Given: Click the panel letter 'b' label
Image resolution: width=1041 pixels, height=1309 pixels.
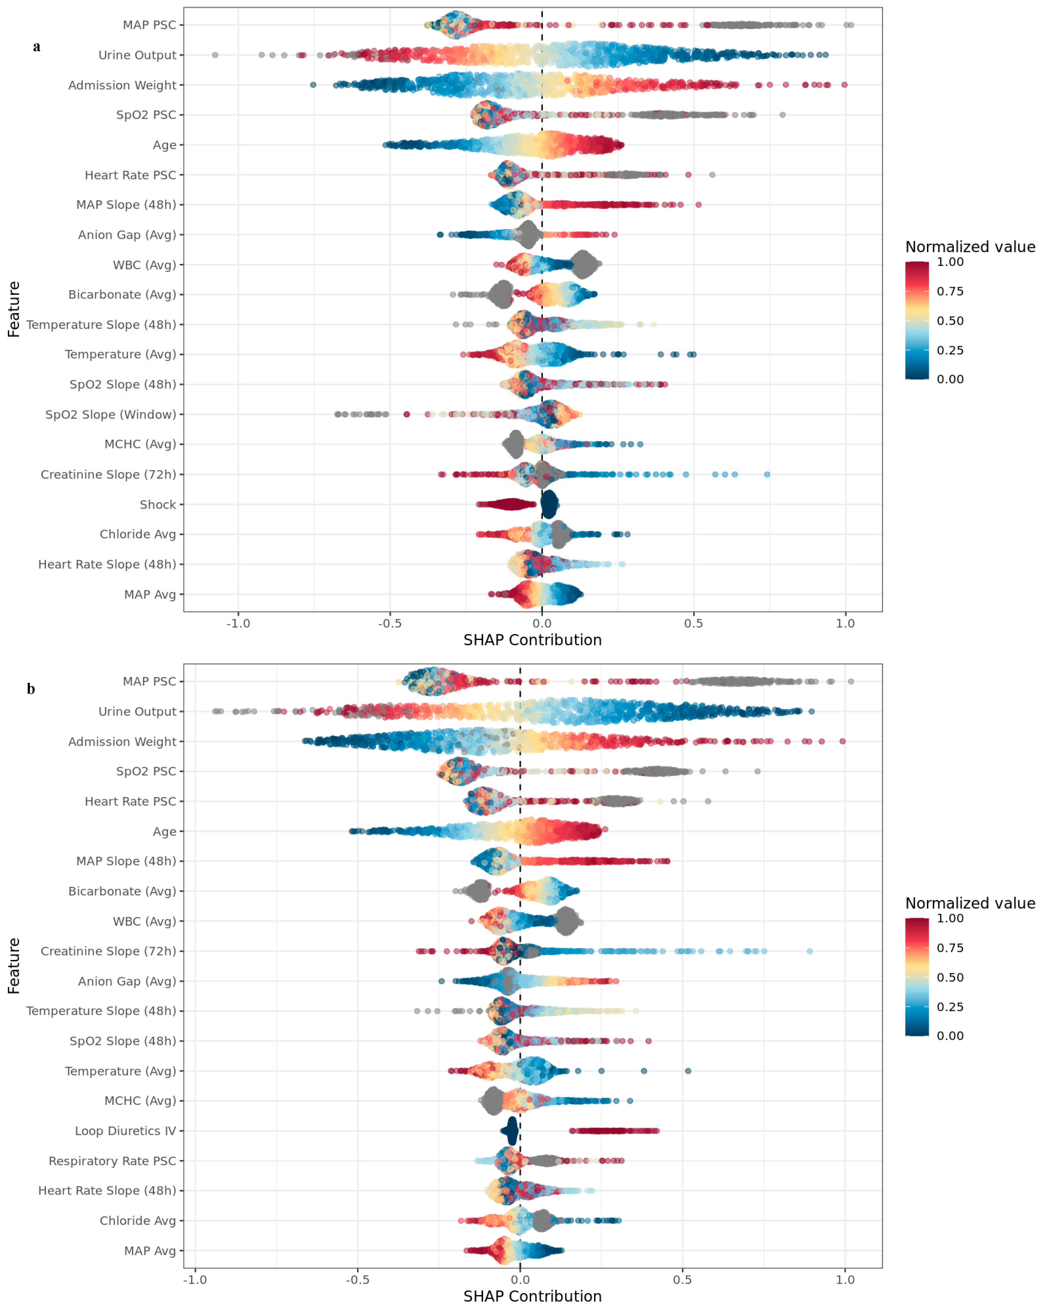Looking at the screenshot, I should point(31,689).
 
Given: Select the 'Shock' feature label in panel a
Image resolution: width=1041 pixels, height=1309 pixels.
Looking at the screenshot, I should point(158,504).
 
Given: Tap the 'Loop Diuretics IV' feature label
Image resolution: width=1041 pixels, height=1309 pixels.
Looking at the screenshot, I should point(125,1131).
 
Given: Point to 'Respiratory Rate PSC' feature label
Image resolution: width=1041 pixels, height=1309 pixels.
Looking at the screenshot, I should point(112,1161).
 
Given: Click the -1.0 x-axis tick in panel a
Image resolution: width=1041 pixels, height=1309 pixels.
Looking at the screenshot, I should point(238,623).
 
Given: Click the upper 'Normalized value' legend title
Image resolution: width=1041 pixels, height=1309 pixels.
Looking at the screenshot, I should point(970,247).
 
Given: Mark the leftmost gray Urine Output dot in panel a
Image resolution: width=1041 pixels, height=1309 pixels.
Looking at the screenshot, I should point(215,55).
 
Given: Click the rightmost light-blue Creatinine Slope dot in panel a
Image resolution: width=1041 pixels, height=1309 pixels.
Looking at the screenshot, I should point(767,474).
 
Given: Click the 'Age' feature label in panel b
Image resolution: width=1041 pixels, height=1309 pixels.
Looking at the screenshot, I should point(165,831).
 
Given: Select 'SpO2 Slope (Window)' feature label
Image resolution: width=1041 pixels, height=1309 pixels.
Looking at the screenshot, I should point(111,415).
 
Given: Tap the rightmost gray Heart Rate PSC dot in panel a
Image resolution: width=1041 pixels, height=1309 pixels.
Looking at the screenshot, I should point(712,175).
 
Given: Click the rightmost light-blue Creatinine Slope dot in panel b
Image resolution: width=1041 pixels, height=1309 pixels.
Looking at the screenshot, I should point(809,951).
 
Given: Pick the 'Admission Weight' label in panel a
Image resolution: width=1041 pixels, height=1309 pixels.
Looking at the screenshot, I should point(122,85).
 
